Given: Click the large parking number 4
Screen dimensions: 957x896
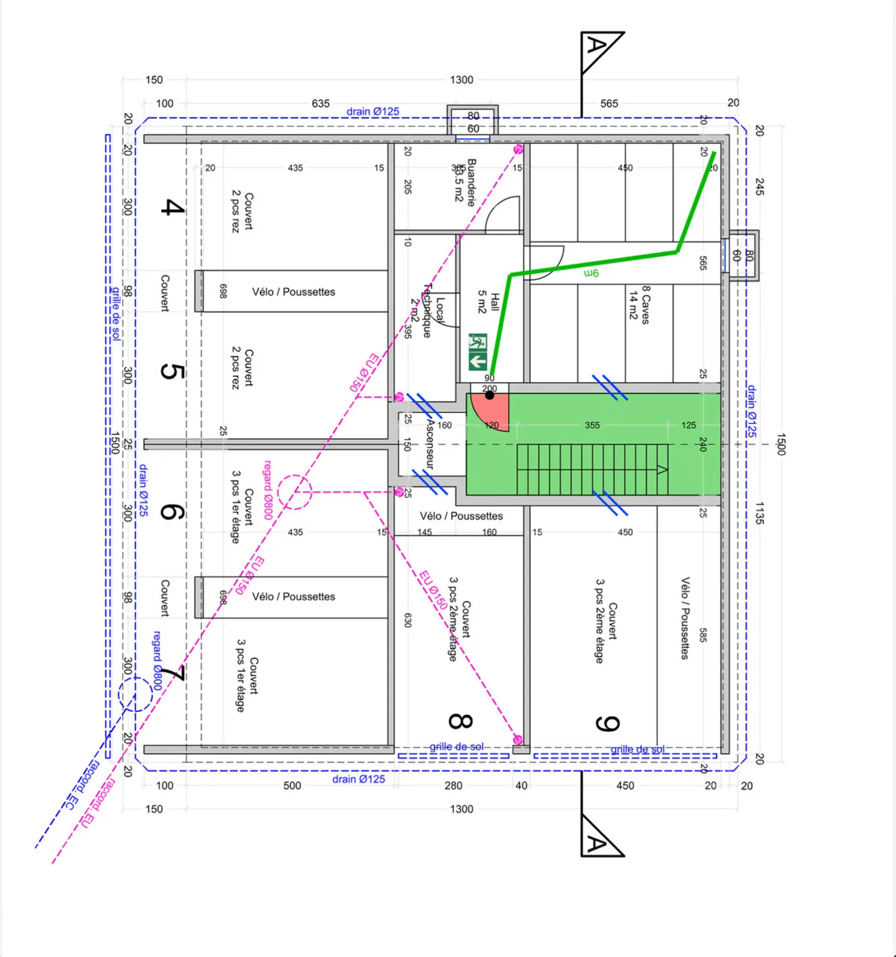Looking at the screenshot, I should (x=172, y=207).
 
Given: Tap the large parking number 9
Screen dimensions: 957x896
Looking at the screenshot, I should (x=607, y=724).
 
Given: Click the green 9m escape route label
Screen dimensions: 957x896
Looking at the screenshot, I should (x=591, y=273).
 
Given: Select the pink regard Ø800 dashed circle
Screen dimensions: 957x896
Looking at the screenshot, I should (x=294, y=492).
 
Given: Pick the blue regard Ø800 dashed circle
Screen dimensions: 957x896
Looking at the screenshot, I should (x=135, y=694).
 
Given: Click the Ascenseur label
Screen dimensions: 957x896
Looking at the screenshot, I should (x=429, y=444).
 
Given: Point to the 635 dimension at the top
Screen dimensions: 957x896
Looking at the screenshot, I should (x=320, y=103).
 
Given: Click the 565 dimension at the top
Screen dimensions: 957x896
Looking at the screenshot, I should (x=609, y=103).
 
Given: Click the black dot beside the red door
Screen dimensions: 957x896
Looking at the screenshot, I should (x=490, y=395).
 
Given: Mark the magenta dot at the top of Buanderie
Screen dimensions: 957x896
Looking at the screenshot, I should (x=518, y=149).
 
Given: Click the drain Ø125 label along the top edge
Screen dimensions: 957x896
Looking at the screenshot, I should (x=373, y=111).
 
